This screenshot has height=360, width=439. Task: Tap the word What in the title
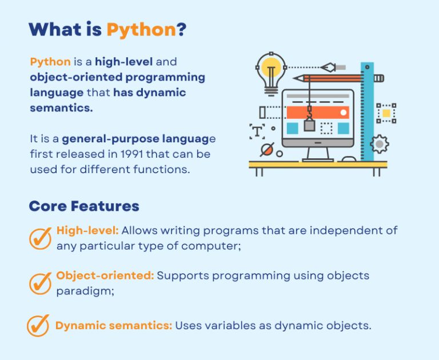click(53, 29)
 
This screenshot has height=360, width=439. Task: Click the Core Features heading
click(84, 206)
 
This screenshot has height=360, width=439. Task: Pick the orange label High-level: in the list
click(87, 231)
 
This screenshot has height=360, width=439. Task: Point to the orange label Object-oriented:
click(105, 275)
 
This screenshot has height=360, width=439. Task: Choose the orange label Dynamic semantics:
click(114, 326)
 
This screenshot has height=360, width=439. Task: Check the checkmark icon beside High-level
click(40, 238)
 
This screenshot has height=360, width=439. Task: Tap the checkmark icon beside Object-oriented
click(40, 283)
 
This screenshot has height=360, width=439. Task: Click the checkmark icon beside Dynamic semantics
click(38, 326)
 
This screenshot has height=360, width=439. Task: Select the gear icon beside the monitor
click(380, 144)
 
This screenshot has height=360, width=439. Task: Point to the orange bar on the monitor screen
click(318, 113)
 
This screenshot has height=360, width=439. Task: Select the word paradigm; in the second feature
click(81, 290)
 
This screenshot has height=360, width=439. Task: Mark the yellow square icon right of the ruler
click(386, 113)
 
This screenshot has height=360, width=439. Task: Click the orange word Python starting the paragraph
click(50, 62)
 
